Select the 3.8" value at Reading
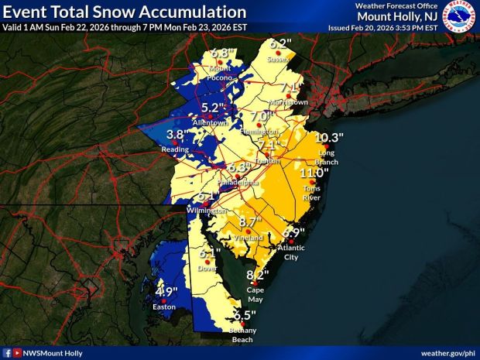pyautogui.click(x=177, y=134)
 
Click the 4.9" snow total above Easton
pyautogui.click(x=167, y=292)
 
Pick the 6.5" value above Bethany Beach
pyautogui.click(x=244, y=315)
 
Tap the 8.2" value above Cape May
pyautogui.click(x=257, y=276)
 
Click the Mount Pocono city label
pyautogui.click(x=221, y=72)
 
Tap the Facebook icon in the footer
pyautogui.click(x=7, y=352)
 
